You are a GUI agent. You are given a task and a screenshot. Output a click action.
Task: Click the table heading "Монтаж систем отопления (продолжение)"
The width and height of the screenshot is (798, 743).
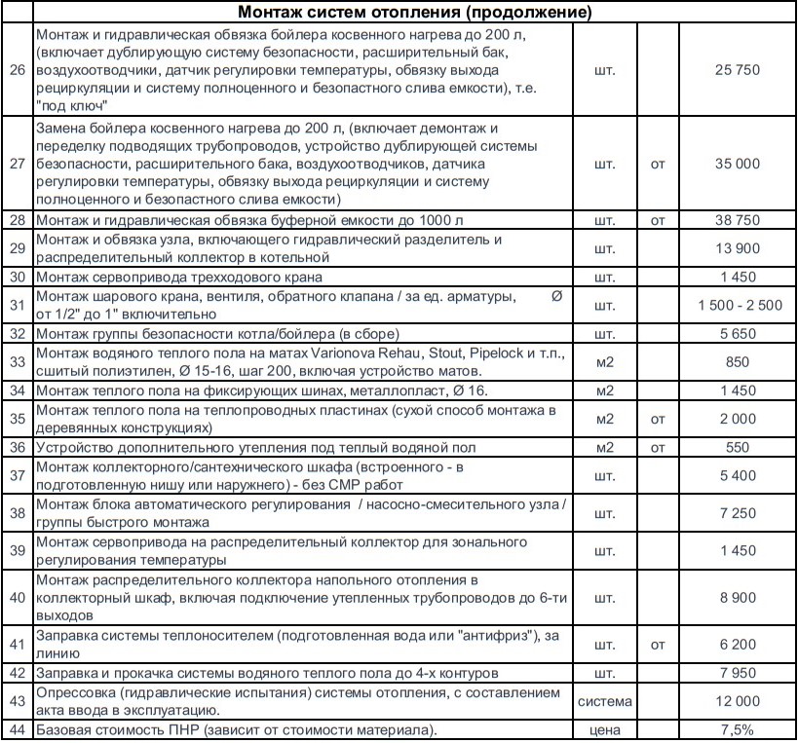414,13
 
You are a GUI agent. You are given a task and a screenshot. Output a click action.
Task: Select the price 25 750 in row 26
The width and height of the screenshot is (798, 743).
737,70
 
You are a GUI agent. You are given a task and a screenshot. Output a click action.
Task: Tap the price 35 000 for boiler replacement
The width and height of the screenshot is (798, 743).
737,164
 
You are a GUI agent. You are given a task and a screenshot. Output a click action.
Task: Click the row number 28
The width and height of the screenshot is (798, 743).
17,221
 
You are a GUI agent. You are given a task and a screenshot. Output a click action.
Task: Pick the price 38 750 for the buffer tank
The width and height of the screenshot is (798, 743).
737,221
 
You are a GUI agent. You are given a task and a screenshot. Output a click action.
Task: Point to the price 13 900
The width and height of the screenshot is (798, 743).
737,248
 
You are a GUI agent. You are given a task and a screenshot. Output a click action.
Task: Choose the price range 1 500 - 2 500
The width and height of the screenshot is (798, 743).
740,305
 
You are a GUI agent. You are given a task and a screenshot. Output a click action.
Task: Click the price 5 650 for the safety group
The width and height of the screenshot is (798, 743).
737,333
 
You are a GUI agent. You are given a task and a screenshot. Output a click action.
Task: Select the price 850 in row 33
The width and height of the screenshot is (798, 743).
738,361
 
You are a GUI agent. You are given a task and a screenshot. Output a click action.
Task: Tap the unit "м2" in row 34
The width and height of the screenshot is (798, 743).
604,390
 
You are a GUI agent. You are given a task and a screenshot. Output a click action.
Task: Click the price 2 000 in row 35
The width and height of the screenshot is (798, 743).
737,419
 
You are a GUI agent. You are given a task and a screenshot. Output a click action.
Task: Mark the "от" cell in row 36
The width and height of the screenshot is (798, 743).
658,447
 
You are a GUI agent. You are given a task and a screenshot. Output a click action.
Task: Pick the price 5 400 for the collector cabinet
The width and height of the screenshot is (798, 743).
737,475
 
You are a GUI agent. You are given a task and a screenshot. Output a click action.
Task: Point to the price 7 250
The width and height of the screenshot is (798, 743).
737,512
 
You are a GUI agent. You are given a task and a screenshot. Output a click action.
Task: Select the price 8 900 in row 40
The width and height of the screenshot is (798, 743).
737,597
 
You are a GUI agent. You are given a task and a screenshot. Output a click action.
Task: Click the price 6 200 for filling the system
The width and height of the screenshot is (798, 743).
737,644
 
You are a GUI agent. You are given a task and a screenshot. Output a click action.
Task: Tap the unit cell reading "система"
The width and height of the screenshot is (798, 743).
604,701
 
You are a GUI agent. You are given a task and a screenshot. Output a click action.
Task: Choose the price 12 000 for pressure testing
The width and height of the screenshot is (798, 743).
737,701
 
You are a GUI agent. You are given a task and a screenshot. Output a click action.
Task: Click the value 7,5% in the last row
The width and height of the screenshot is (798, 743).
737,729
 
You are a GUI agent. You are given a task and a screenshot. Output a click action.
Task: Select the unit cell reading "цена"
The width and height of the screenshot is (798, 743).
604,729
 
